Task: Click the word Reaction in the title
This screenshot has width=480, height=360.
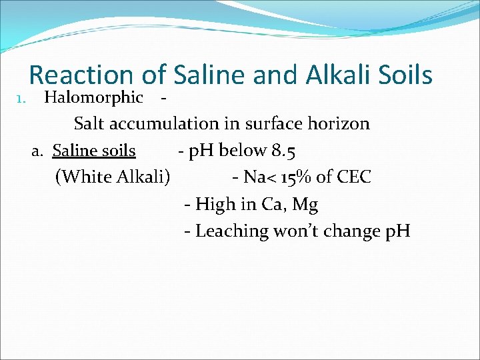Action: tap(81, 75)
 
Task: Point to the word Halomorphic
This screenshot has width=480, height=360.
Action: tap(93, 98)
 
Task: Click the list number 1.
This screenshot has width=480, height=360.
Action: tap(19, 99)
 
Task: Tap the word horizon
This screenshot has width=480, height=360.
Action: tap(339, 124)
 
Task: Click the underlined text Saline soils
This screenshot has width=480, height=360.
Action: tap(94, 151)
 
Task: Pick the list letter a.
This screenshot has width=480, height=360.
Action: tap(38, 151)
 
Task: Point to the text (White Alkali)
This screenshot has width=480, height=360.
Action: tap(113, 177)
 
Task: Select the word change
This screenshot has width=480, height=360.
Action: tap(343, 231)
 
